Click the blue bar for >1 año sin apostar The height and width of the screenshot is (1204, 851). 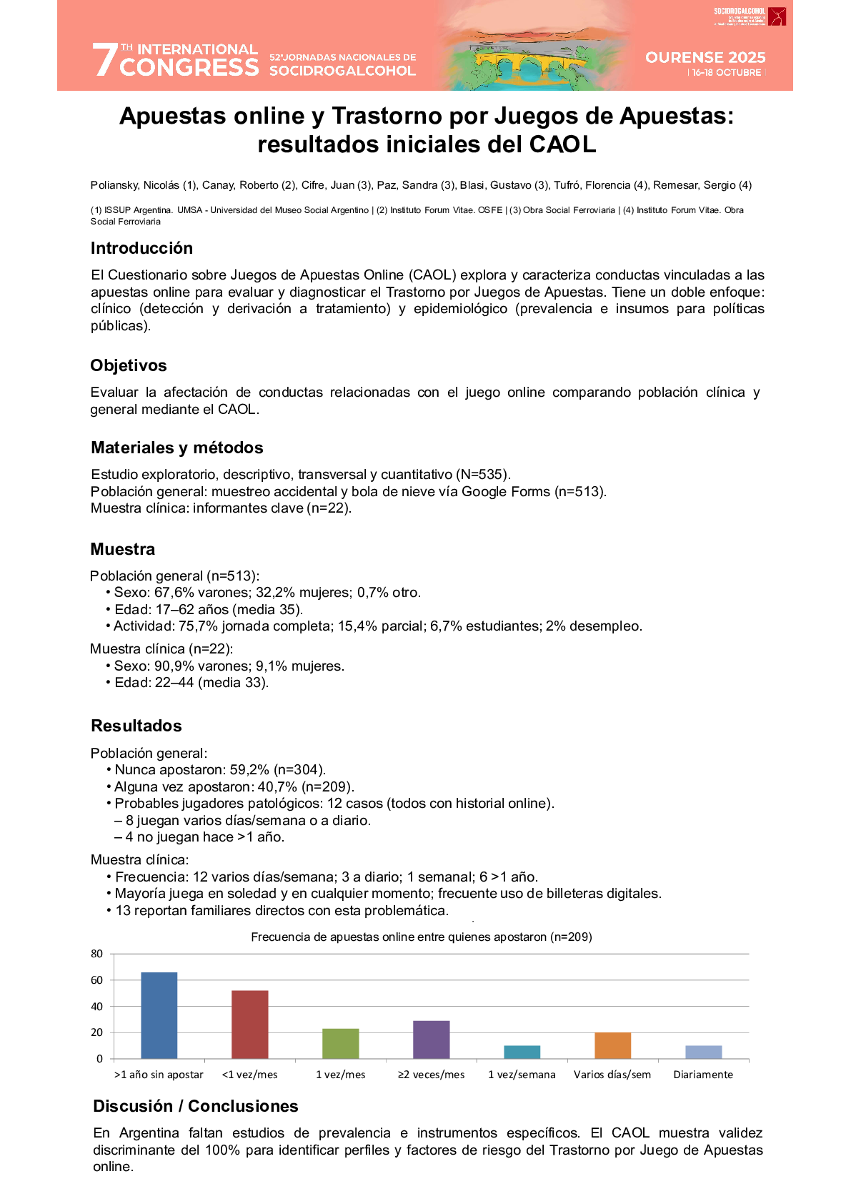(x=159, y=1015)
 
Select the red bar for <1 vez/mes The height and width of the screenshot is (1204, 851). (x=249, y=1024)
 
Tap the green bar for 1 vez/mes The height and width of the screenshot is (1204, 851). (x=340, y=1043)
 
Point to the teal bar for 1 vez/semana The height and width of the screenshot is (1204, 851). (x=522, y=1052)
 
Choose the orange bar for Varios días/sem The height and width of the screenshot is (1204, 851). (x=612, y=1045)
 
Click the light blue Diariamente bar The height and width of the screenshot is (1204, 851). (x=703, y=1052)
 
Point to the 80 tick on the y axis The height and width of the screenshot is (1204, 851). (x=97, y=954)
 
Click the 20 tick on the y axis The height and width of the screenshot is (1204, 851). (x=97, y=1032)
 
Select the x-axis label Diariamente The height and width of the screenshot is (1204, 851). (x=703, y=1075)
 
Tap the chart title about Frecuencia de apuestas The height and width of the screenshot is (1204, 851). (x=422, y=937)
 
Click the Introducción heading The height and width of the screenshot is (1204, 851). (x=141, y=248)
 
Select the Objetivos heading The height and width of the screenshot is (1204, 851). (x=129, y=365)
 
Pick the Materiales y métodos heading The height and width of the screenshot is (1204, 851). (x=177, y=448)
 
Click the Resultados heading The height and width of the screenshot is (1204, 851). (x=136, y=726)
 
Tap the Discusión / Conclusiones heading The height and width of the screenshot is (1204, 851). (x=196, y=1106)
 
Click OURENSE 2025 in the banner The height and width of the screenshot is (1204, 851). (x=705, y=57)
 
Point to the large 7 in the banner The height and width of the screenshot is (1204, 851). (x=104, y=60)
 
